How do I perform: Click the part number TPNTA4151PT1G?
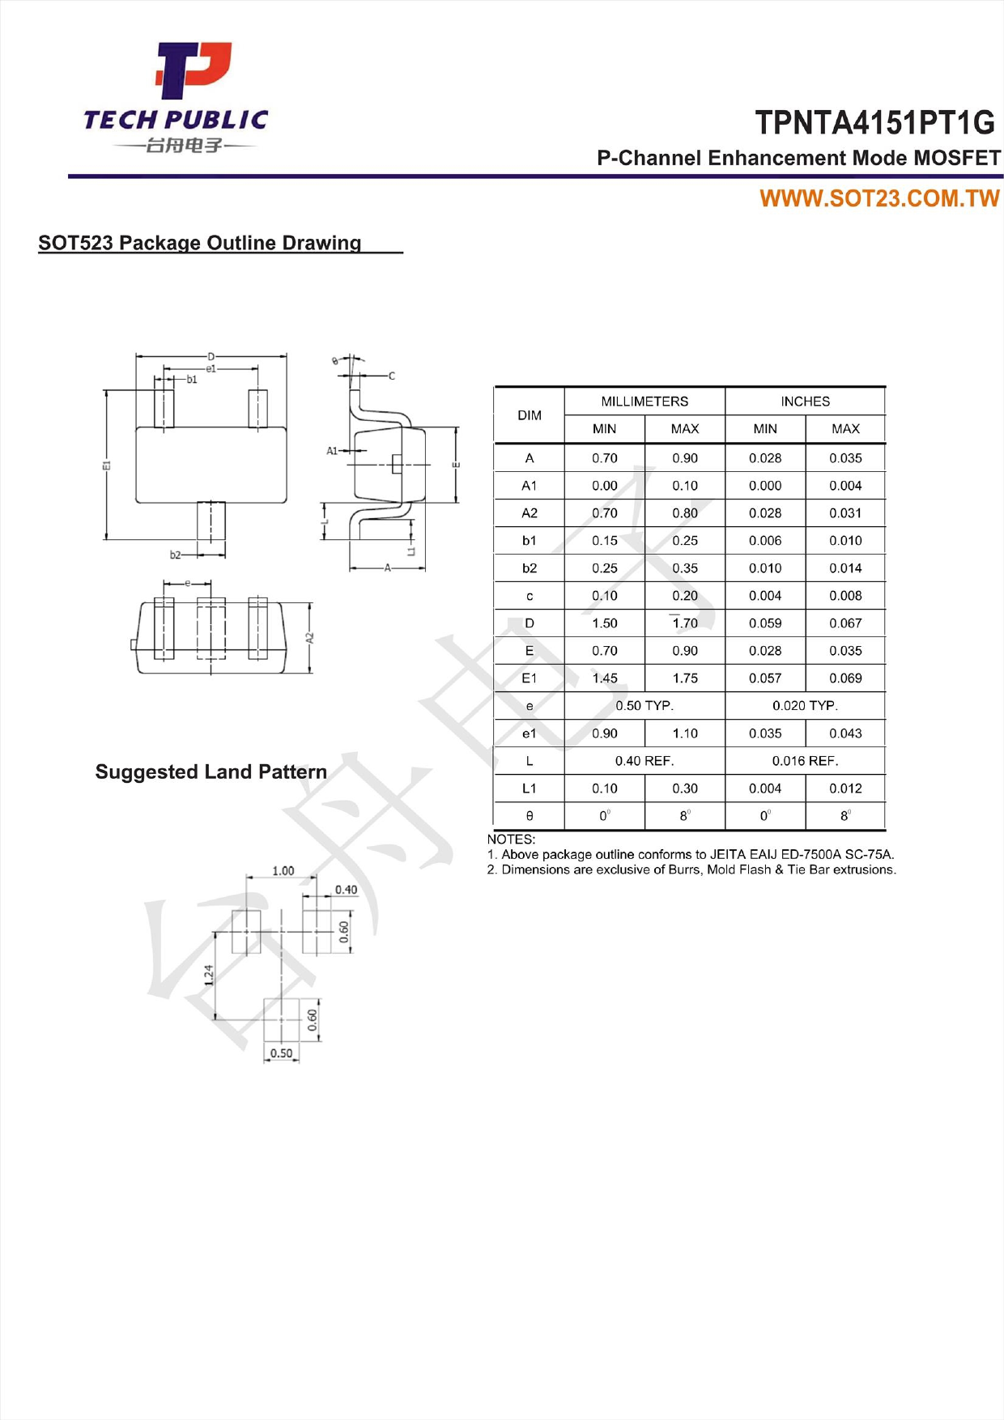[874, 123]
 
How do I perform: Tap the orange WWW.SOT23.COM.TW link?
[879, 199]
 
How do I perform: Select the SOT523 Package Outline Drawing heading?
[200, 243]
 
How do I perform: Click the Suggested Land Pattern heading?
[211, 772]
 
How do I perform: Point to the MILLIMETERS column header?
[645, 402]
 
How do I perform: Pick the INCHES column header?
[805, 402]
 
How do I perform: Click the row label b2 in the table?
[529, 568]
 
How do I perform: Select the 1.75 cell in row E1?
[684, 678]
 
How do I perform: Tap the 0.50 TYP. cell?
[645, 706]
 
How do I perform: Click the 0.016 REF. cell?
[805, 761]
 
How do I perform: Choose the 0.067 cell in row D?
[845, 623]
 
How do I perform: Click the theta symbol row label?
[530, 816]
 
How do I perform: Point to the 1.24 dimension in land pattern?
[208, 975]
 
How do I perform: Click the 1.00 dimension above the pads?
[283, 871]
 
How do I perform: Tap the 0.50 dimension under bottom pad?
[281, 1053]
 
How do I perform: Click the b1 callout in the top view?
[192, 379]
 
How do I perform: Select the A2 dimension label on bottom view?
[309, 638]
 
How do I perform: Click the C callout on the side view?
[392, 376]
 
